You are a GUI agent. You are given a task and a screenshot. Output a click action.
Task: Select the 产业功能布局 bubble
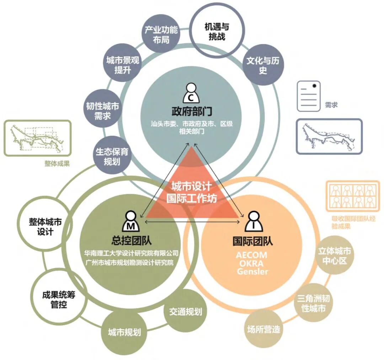[x=161, y=34]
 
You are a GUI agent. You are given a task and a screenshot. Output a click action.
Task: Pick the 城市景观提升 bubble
[x=123, y=65]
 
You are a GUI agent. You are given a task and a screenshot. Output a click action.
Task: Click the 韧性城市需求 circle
[x=103, y=111]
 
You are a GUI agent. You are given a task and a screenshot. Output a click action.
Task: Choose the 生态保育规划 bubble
[x=112, y=156]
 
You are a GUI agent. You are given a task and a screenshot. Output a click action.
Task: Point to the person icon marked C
[x=191, y=93]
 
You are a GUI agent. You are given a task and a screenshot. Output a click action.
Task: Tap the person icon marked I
[x=253, y=221]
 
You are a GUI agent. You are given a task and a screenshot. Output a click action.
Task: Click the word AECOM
[x=251, y=255]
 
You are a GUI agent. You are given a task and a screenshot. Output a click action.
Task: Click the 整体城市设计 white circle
[x=46, y=226]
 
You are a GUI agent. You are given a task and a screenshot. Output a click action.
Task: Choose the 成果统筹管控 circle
[x=59, y=299]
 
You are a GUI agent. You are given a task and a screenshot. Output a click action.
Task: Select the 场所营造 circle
[x=264, y=329]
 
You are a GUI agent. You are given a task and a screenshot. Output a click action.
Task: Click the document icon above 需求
[x=309, y=96]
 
